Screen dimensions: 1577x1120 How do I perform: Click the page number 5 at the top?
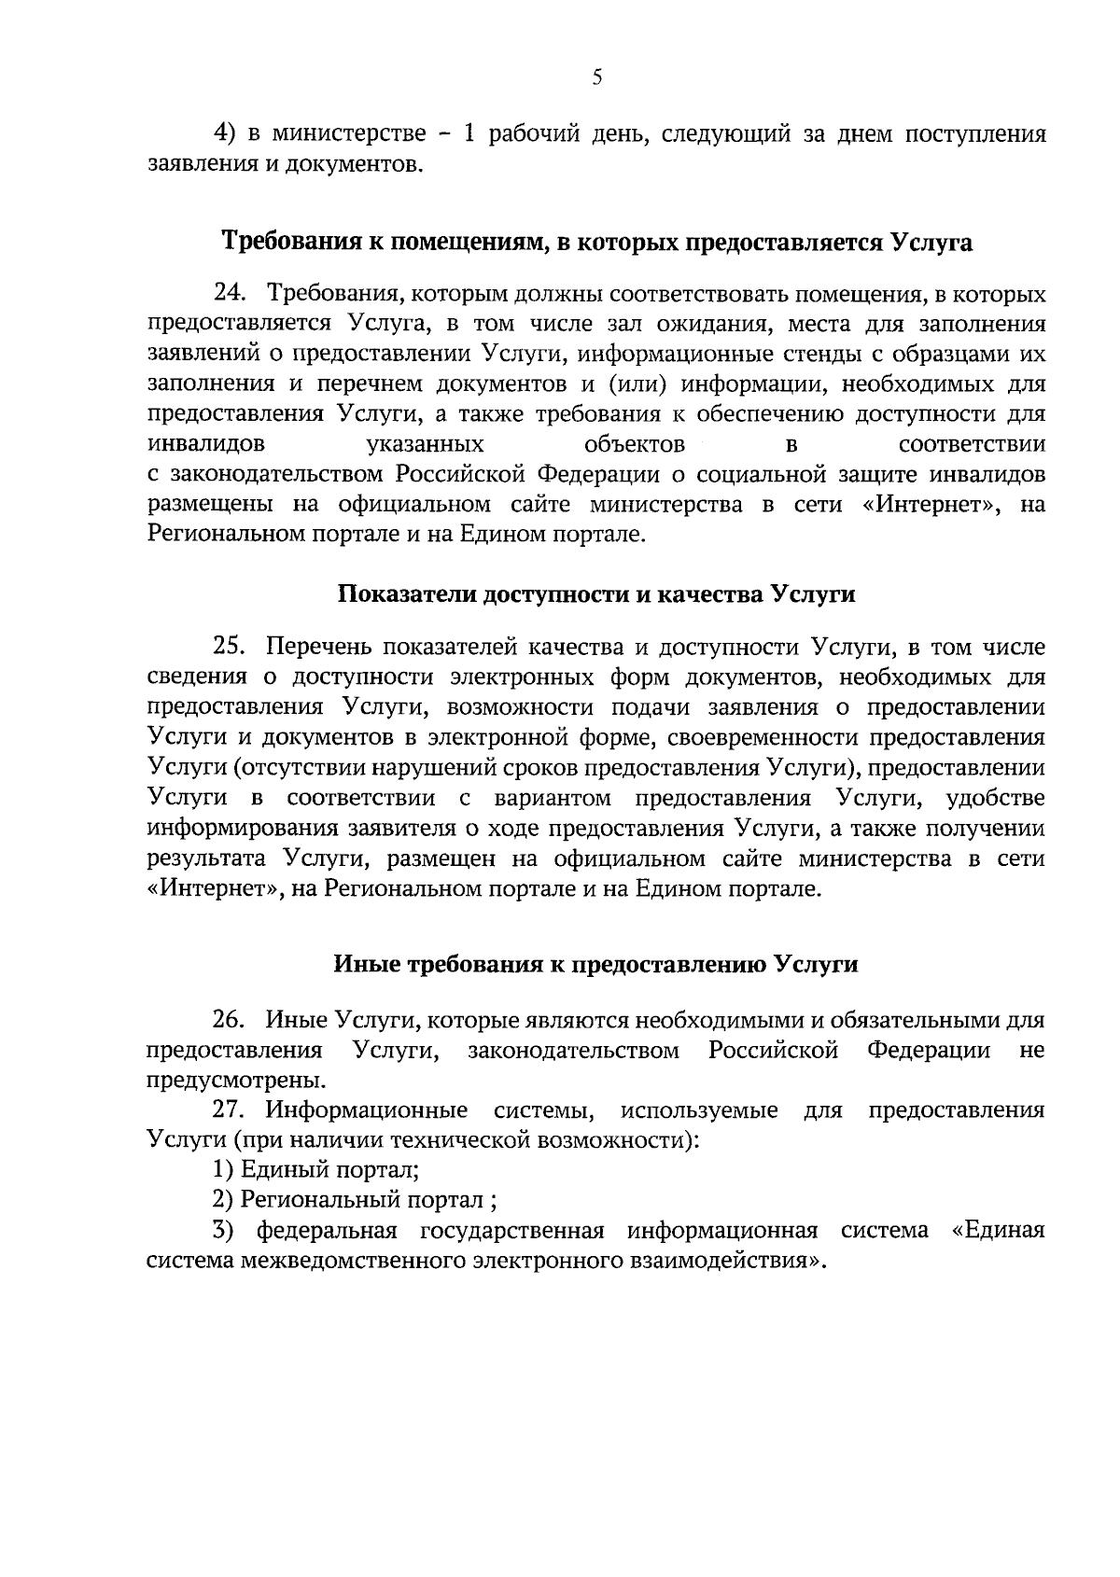pyautogui.click(x=597, y=79)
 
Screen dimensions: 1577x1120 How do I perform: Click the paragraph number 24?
pyautogui.click(x=229, y=295)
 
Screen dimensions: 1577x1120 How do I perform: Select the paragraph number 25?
pyautogui.click(x=229, y=647)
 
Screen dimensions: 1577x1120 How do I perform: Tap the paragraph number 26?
pyautogui.click(x=229, y=1020)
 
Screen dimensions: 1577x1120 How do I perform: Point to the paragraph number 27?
pyautogui.click(x=229, y=1110)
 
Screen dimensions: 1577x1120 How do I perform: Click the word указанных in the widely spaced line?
pyautogui.click(x=426, y=443)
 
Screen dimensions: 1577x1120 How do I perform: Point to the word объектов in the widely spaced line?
pyautogui.click(x=634, y=443)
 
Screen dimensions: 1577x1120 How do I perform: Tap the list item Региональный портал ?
pyautogui.click(x=362, y=1200)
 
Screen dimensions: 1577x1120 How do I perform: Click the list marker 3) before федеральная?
pyautogui.click(x=223, y=1230)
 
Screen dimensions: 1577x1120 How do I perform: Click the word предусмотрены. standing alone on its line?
pyautogui.click(x=237, y=1081)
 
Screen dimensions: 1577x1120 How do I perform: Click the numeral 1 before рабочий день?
pyautogui.click(x=469, y=133)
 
